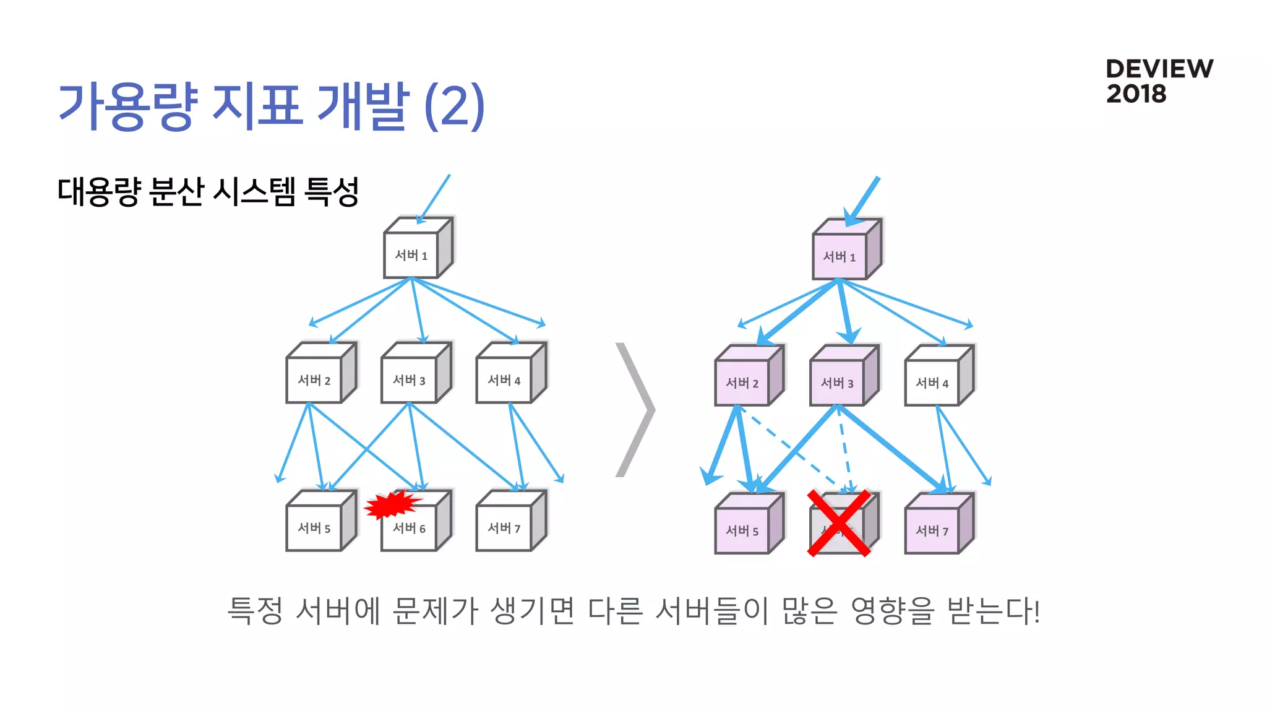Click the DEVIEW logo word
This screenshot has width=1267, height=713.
(x=1159, y=69)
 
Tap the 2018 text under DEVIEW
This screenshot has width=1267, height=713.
(x=1136, y=94)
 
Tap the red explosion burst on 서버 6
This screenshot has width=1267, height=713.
(x=392, y=504)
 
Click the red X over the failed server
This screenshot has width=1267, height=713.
(x=839, y=523)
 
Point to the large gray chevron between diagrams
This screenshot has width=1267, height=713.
(x=637, y=410)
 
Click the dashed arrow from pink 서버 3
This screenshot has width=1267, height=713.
(x=845, y=449)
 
